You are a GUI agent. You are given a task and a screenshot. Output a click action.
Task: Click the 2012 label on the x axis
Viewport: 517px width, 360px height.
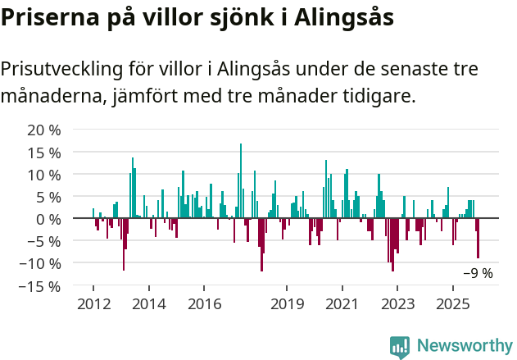pos(93,303)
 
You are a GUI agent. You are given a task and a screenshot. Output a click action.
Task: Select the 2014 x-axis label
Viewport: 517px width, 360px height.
pos(148,303)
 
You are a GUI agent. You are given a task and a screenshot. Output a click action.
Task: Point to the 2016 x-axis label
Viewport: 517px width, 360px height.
pos(204,303)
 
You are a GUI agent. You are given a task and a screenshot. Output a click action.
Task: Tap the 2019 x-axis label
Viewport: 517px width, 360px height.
pos(287,303)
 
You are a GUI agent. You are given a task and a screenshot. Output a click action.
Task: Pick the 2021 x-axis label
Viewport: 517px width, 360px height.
pos(342,303)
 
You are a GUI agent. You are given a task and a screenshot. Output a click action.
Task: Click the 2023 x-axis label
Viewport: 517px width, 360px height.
pos(397,303)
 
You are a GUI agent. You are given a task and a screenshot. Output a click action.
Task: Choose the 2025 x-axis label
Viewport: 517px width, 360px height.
pos(453,303)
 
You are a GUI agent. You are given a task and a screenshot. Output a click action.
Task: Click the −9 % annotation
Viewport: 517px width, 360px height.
pos(478,274)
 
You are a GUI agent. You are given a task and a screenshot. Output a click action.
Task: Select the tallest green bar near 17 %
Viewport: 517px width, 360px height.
pos(241,180)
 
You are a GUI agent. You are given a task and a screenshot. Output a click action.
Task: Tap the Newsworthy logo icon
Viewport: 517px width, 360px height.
pos(400,347)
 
